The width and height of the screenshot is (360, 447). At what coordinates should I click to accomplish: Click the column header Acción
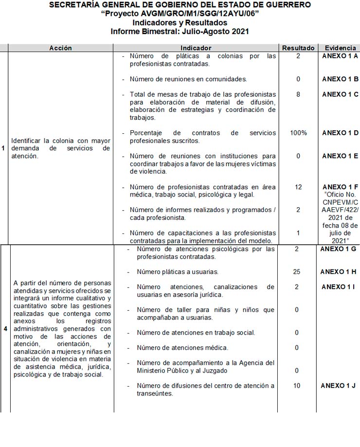click(x=60, y=48)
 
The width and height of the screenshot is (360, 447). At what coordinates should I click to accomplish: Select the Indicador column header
click(x=196, y=48)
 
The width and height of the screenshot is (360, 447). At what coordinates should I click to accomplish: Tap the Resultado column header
click(x=298, y=48)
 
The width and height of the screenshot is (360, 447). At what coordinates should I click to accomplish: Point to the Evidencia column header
click(x=340, y=48)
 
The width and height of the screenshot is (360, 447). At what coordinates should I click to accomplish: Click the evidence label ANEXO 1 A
click(x=340, y=56)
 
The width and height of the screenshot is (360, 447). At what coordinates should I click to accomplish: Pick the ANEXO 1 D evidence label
click(x=340, y=133)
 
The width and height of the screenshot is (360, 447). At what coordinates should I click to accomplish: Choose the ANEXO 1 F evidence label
click(x=340, y=187)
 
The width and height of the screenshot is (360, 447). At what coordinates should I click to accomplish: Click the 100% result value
click(x=298, y=133)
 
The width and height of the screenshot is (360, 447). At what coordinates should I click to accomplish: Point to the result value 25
click(x=297, y=272)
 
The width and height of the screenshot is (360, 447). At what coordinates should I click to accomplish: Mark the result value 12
click(x=298, y=187)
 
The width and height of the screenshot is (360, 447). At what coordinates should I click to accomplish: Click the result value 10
click(x=297, y=386)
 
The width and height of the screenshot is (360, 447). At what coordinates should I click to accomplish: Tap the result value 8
click(x=298, y=94)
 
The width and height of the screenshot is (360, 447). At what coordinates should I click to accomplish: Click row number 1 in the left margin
click(x=3, y=148)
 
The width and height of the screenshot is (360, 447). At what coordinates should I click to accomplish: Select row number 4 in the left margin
click(x=5, y=329)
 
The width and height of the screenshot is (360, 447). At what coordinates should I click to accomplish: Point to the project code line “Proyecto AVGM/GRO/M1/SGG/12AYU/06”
click(x=180, y=14)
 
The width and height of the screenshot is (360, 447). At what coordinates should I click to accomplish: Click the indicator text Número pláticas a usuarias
click(x=178, y=272)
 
